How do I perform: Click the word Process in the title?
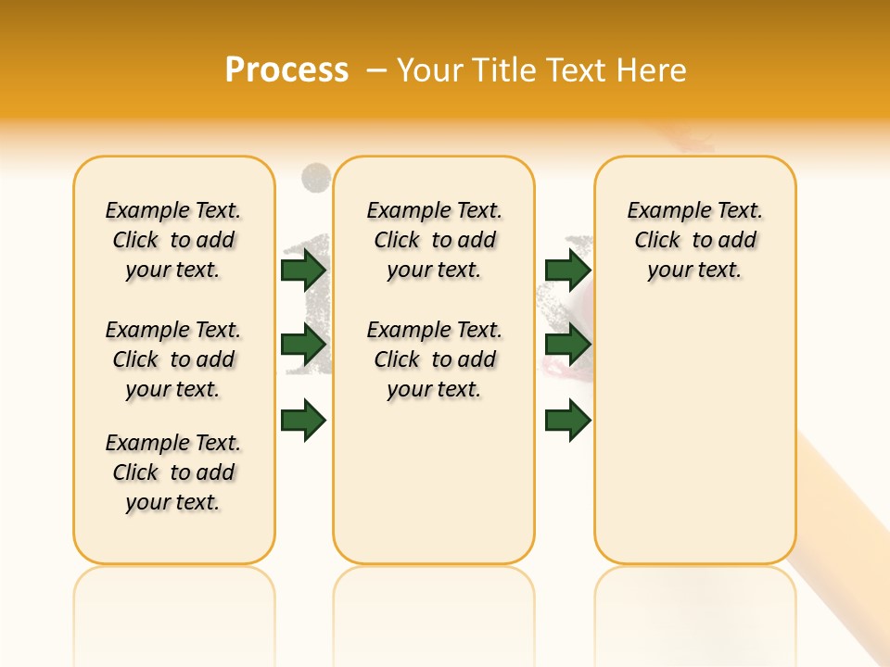click(x=286, y=70)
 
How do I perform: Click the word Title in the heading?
click(x=506, y=70)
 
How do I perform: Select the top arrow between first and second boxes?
click(x=303, y=270)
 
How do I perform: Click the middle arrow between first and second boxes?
click(x=303, y=345)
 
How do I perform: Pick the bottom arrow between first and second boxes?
click(x=303, y=420)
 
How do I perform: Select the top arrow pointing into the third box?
click(x=568, y=270)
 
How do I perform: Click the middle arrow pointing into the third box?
click(x=568, y=345)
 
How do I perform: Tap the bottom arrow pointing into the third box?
click(x=568, y=420)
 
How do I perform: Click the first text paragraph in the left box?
click(x=173, y=240)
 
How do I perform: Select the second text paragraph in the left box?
click(x=173, y=359)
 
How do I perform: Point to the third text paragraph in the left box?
click(x=173, y=472)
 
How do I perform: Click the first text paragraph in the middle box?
click(x=435, y=240)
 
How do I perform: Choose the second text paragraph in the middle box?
click(x=435, y=359)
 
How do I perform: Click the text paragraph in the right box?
click(x=695, y=240)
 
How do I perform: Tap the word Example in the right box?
click(x=663, y=211)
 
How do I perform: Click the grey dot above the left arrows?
click(x=316, y=176)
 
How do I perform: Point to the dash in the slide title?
click(x=376, y=70)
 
